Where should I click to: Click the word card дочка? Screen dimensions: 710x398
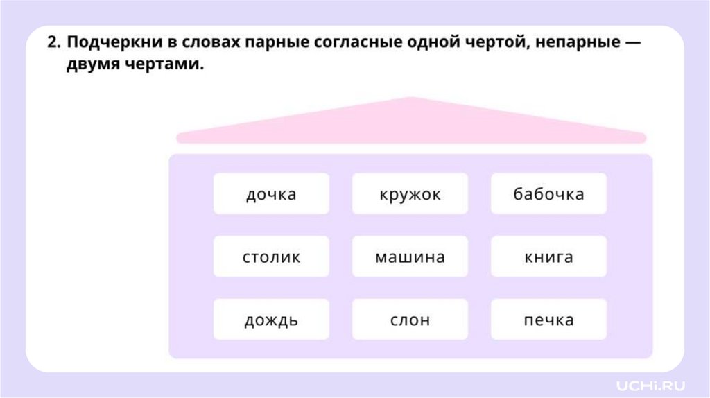click(271, 194)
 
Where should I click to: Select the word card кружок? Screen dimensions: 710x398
click(410, 194)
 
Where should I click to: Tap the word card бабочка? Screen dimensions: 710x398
click(548, 194)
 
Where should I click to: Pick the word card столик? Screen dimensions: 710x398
click(271, 257)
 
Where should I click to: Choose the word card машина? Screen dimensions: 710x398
click(410, 257)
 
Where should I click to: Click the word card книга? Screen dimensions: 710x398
click(548, 257)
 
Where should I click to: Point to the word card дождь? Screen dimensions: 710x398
click(271, 320)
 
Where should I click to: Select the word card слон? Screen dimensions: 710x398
click(410, 320)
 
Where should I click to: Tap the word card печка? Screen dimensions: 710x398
click(548, 320)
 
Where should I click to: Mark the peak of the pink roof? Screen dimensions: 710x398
click(410, 99)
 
